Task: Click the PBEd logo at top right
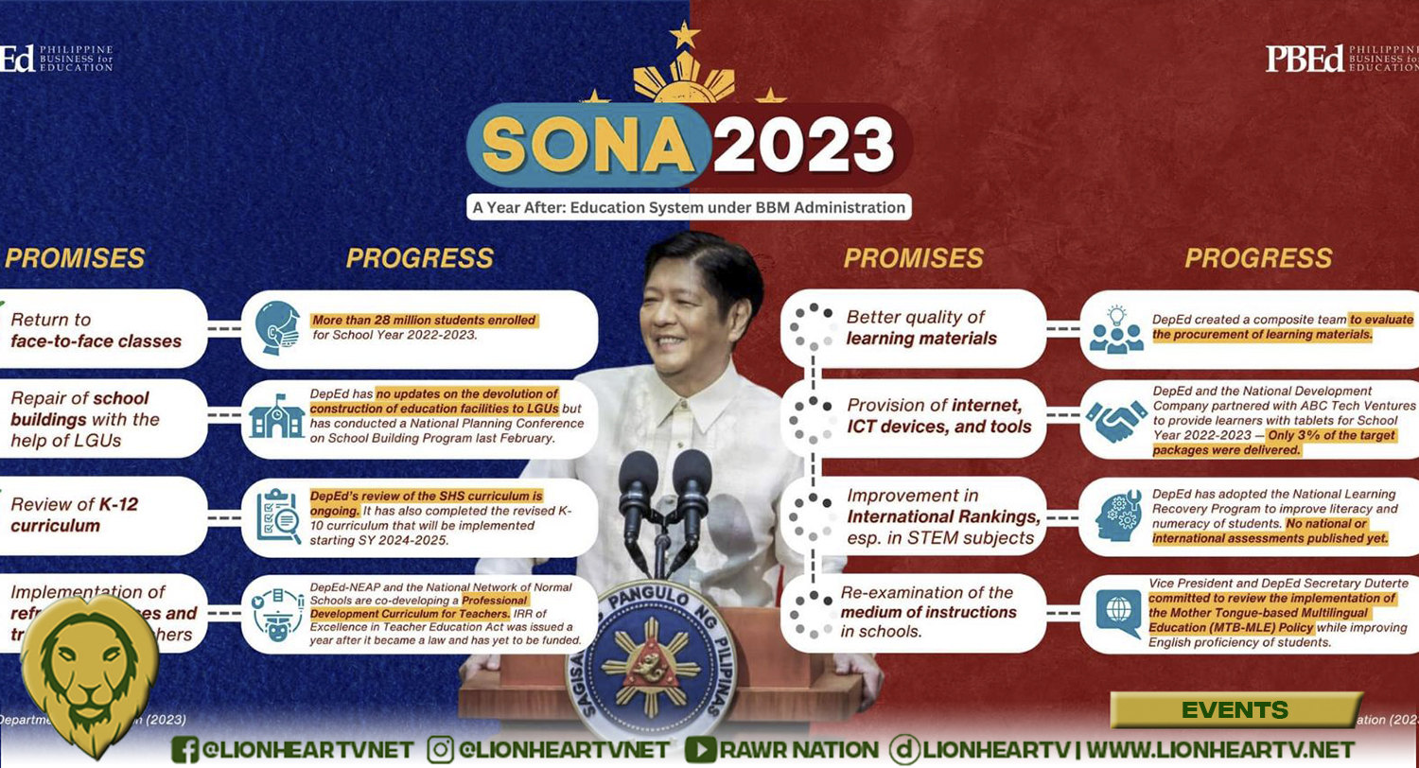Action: tap(1305, 58)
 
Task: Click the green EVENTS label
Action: tap(1235, 709)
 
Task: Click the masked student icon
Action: tap(277, 328)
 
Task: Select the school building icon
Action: tap(277, 417)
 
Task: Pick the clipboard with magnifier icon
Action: tap(278, 515)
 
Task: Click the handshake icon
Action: tap(1117, 419)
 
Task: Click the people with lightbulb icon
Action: tap(1116, 328)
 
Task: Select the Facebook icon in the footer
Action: tap(185, 750)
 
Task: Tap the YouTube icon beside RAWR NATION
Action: tap(699, 750)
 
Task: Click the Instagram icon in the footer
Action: tap(440, 750)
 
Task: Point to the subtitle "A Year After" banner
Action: tap(689, 206)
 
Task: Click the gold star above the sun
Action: tap(683, 35)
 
